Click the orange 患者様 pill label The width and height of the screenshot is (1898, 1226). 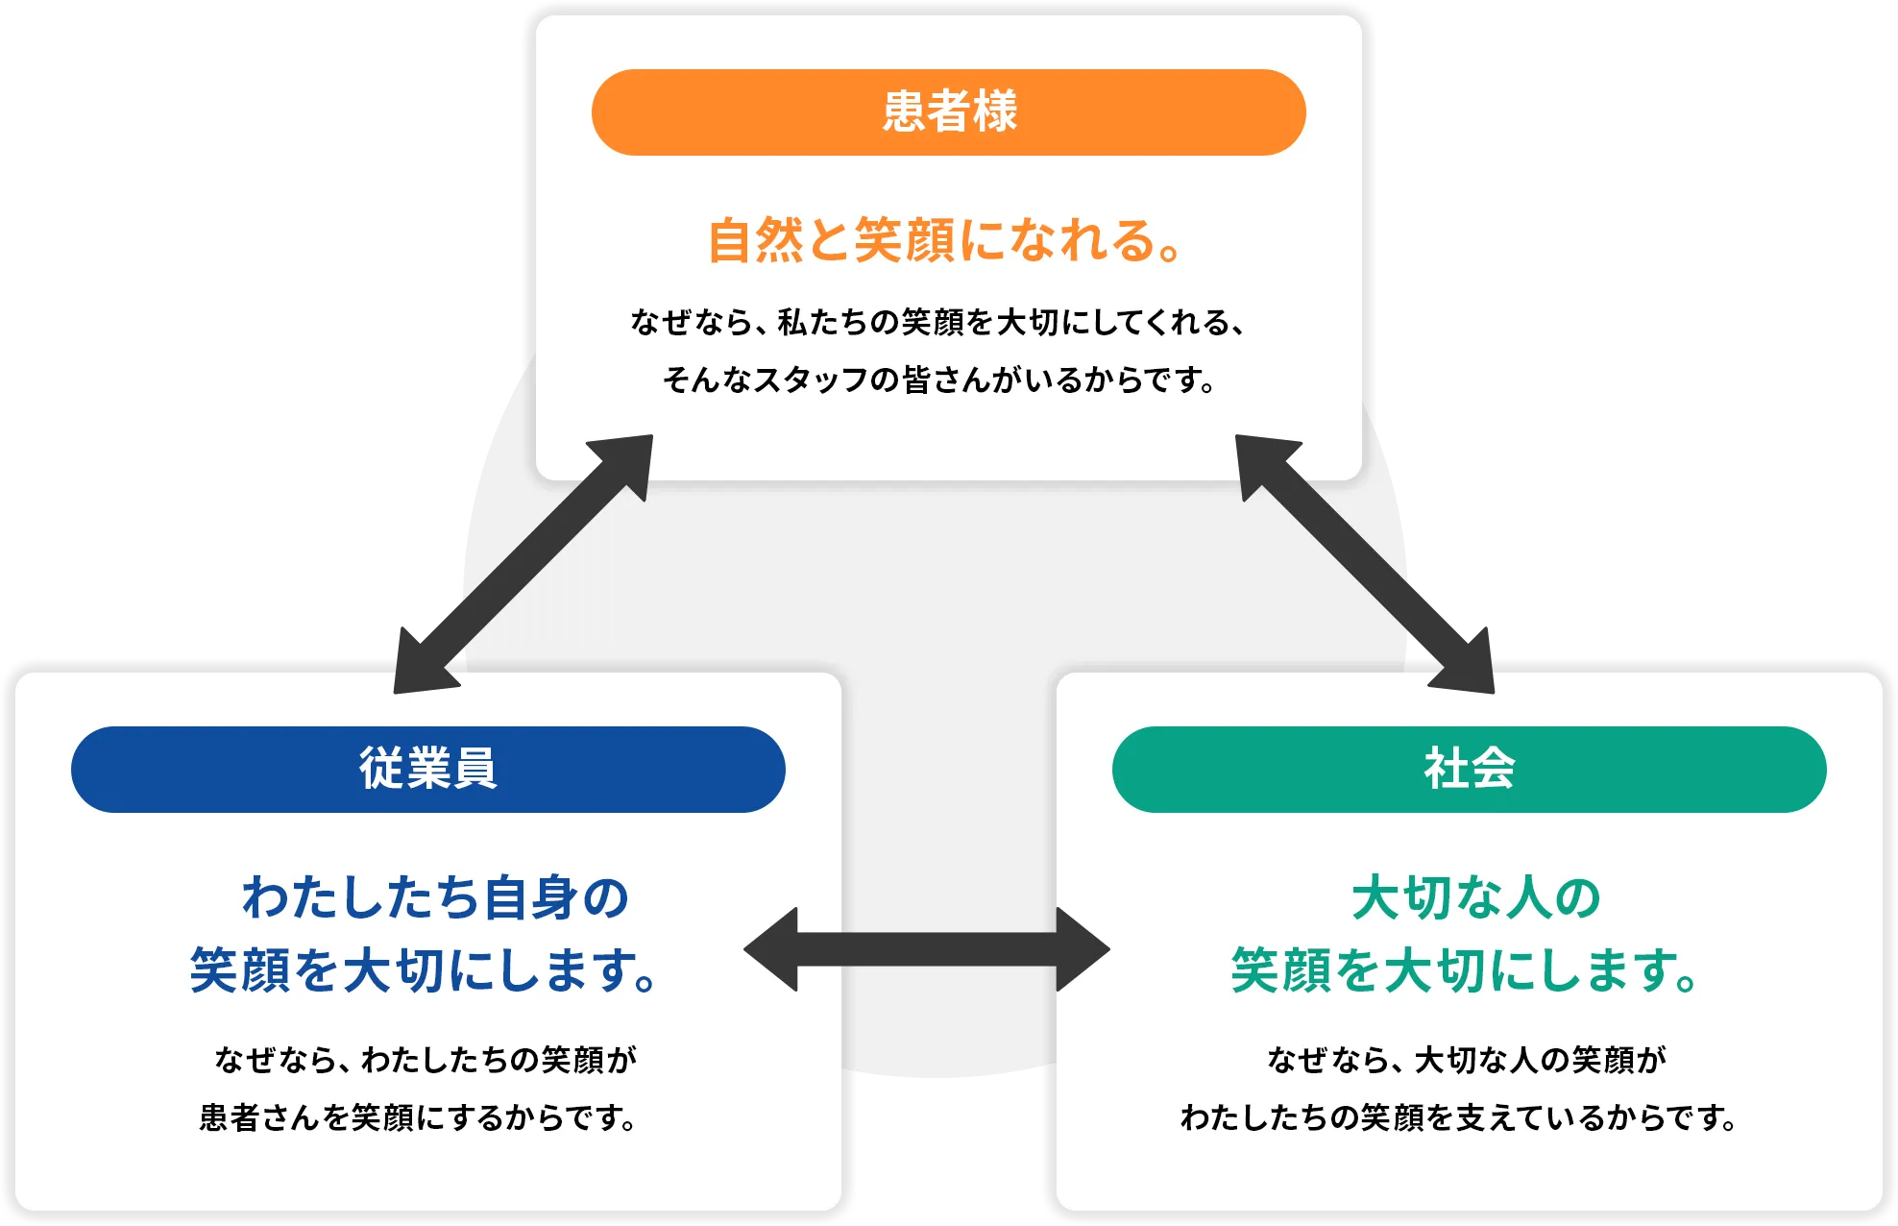(948, 112)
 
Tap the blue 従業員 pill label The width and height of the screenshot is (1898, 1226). (427, 770)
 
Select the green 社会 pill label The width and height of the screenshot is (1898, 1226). (1469, 770)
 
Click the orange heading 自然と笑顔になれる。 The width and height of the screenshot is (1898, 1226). (946, 240)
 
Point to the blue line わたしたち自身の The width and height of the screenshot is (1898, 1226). (435, 898)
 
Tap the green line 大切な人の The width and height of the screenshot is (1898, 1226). (1475, 898)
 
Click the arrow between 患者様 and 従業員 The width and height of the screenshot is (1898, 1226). (523, 564)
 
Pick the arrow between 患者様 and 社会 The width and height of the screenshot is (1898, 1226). (1364, 564)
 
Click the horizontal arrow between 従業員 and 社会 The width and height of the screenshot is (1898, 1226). (927, 949)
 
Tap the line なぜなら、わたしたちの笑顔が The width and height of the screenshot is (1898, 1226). (426, 1060)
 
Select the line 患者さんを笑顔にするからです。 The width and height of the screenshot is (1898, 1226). (419, 1118)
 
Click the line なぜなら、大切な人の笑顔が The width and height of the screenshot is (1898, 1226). (1467, 1060)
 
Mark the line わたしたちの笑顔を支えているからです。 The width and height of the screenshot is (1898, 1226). (1460, 1118)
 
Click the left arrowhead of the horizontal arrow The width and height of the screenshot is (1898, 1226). (774, 949)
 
